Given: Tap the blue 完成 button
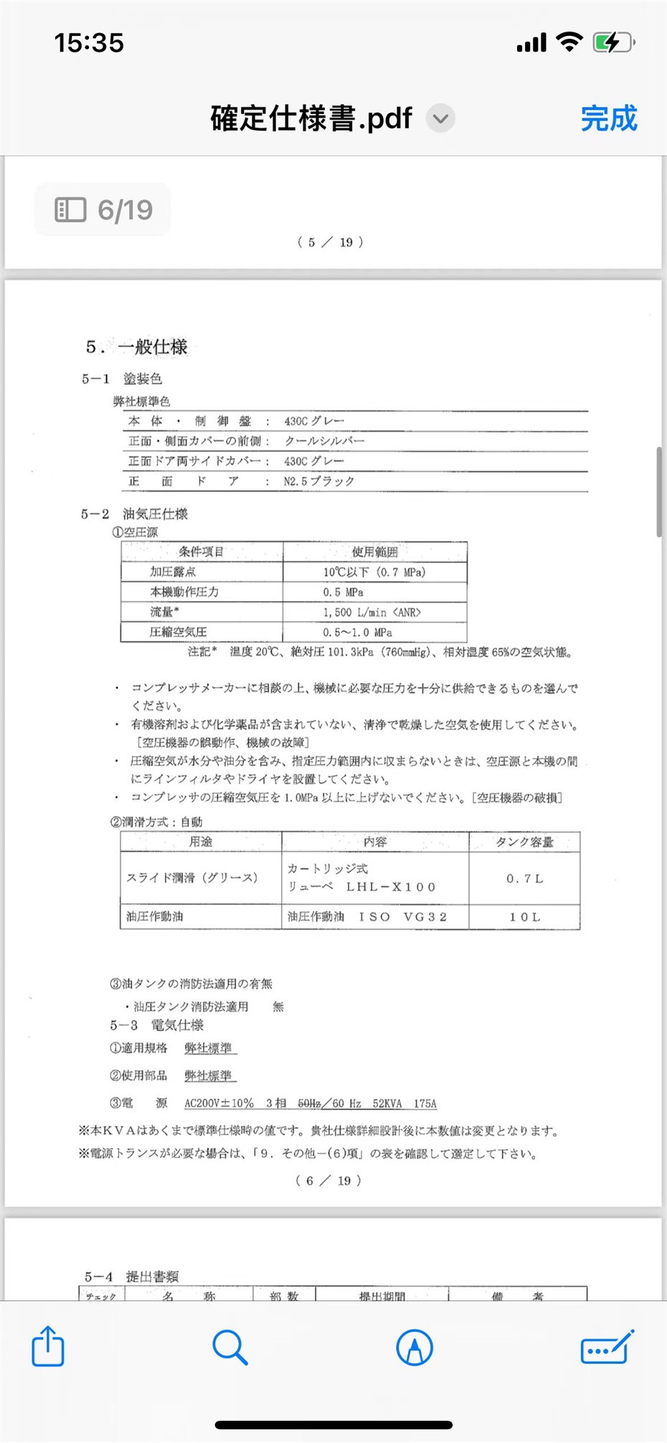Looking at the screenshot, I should coord(608,118).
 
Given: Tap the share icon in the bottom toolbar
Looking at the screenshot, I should coord(48,1346).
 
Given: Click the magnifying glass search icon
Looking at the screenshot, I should coord(230,1347).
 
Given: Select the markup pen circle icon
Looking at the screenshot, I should coord(415,1347).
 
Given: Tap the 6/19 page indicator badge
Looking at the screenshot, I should coord(103,209).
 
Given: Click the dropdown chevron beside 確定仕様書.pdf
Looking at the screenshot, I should coord(441,118).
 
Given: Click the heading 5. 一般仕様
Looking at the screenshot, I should coord(137,347).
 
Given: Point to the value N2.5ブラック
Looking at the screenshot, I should coord(319,481).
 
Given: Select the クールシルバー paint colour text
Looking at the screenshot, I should coord(324,441).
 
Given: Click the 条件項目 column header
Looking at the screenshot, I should coord(202,552).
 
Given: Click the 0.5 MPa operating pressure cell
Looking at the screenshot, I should coord(343,592).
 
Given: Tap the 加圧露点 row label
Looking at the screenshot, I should coord(173,572).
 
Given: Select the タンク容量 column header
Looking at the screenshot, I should coord(524,842).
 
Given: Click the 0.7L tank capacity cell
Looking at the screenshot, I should coord(524,879).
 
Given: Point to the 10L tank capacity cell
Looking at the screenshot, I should coord(524,917).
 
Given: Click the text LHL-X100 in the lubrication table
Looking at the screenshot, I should coord(391,887).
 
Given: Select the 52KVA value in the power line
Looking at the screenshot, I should coord(387,1104).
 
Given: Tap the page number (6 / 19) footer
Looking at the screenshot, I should coord(328,1181).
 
